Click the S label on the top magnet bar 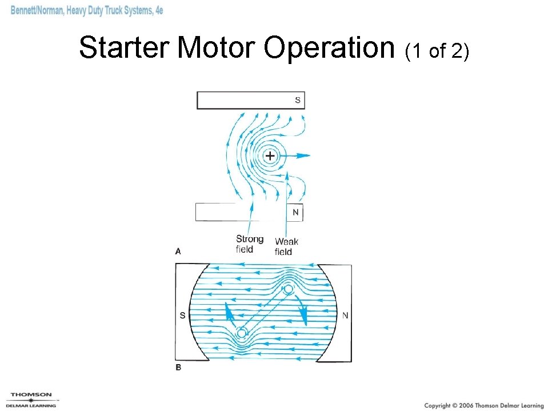297,101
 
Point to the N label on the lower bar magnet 295,213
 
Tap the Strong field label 249,244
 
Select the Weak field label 286,247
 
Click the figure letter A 178,251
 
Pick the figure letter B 178,368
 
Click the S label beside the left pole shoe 183,315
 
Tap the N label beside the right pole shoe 345,315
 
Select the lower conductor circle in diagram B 242,333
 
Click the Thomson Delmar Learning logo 31,400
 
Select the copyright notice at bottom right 483,405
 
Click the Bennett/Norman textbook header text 87,11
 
